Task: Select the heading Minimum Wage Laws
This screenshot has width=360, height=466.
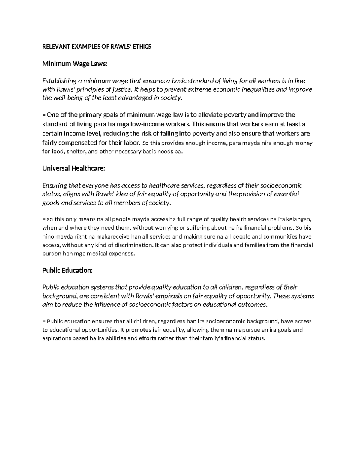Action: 74,64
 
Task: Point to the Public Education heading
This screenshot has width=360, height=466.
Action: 67,270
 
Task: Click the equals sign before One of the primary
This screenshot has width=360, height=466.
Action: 44,115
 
